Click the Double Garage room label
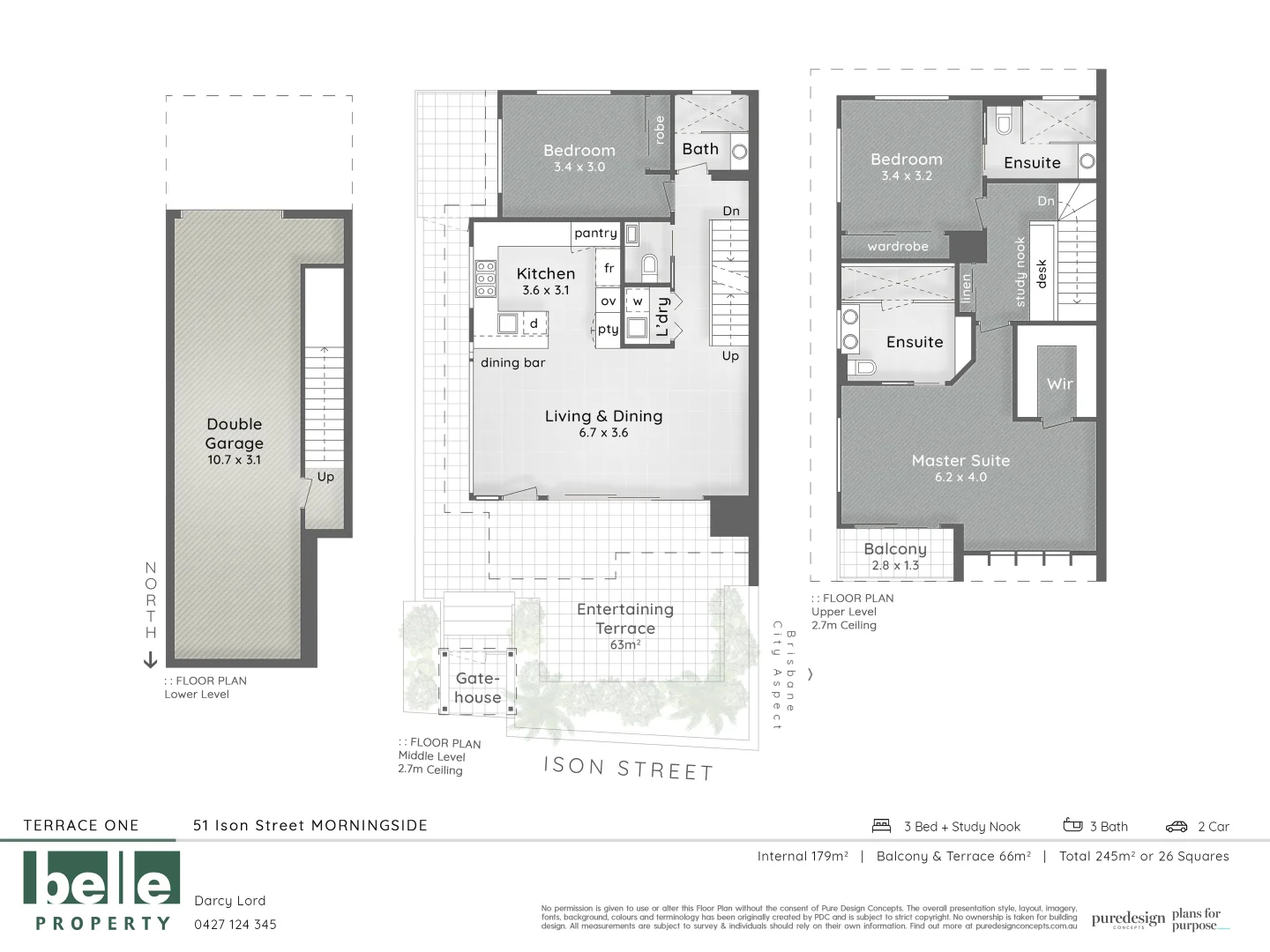235,434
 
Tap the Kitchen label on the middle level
546,274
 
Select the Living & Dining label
603,417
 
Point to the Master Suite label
960,461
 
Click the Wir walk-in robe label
1059,383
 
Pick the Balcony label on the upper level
895,549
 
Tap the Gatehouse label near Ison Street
478,688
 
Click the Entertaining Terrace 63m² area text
624,627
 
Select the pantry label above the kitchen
595,234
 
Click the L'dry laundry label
663,316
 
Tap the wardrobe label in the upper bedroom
898,247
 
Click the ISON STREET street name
628,768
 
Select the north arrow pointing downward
150,659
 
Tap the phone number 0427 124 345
235,925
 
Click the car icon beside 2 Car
1177,827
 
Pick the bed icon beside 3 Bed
882,826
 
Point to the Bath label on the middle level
700,149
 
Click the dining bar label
512,363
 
